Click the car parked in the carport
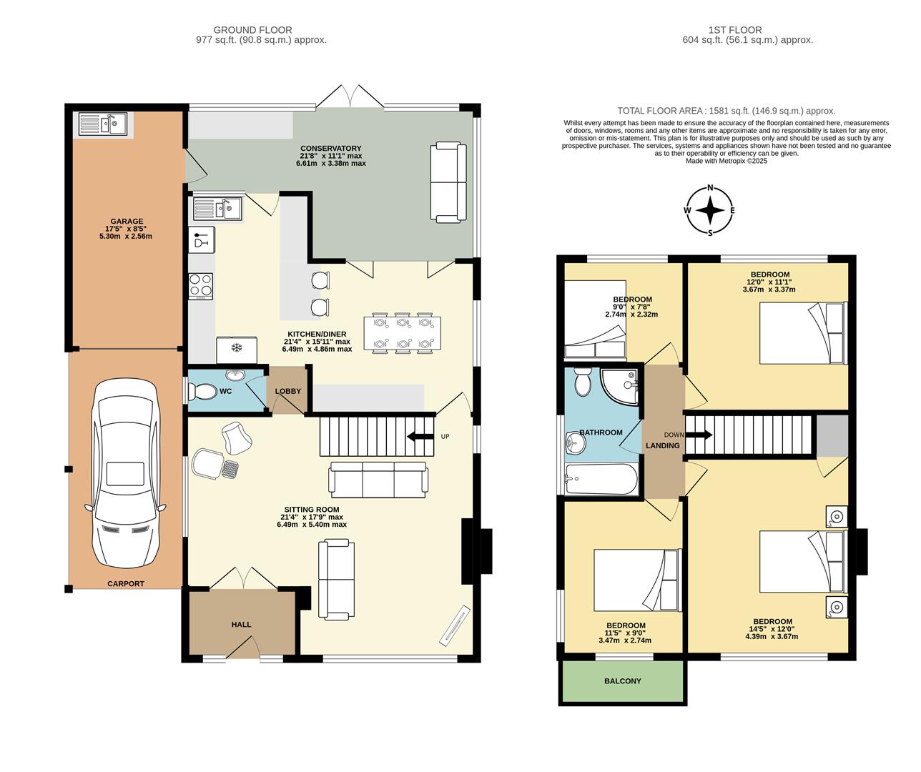tap(125, 473)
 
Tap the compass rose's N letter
tap(710, 188)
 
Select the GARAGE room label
tap(127, 222)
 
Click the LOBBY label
tap(288, 391)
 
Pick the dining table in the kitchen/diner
tap(403, 333)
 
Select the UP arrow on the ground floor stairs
tap(420, 436)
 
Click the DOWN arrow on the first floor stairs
tap(699, 435)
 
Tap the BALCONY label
tap(623, 681)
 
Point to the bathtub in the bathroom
tap(601, 479)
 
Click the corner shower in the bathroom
tap(621, 386)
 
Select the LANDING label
tap(663, 445)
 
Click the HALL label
tap(241, 625)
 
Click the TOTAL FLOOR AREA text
tap(726, 111)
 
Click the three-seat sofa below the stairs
tap(378, 480)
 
